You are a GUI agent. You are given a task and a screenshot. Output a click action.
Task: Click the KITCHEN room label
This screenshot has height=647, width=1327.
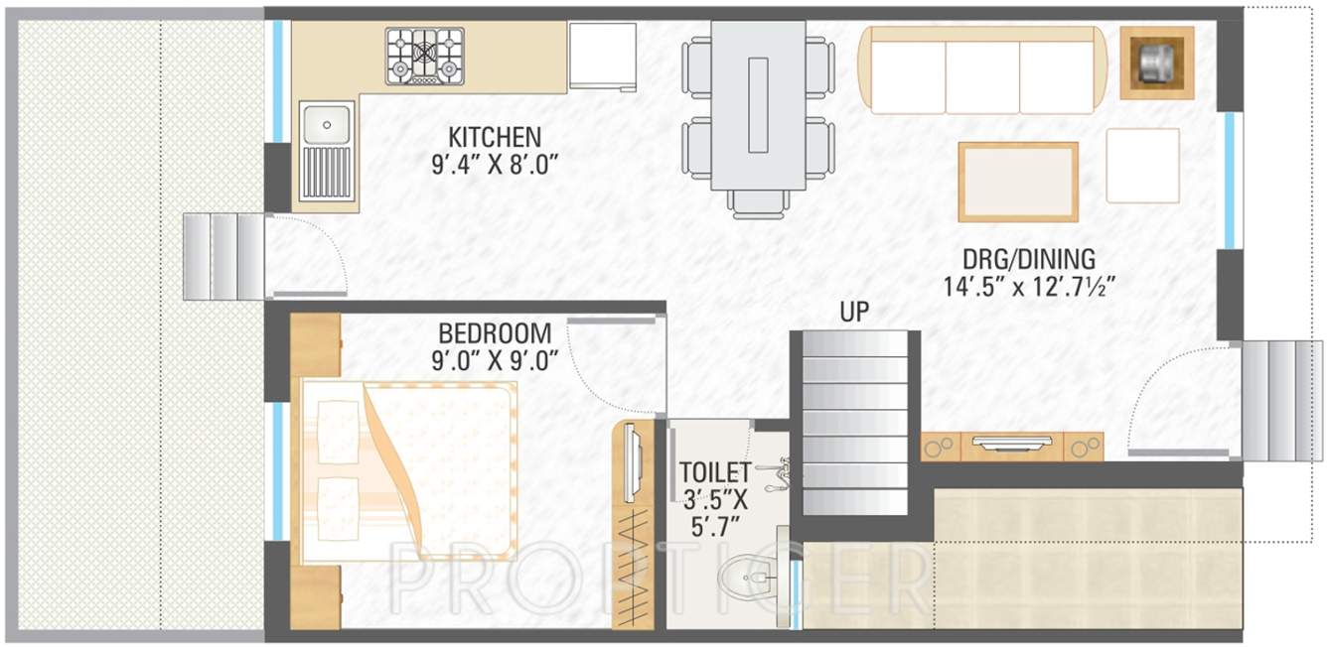(494, 136)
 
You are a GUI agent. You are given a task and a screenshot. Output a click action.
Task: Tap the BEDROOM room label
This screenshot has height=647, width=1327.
(496, 331)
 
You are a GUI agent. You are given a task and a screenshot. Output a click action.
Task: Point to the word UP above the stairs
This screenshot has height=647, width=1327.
(854, 312)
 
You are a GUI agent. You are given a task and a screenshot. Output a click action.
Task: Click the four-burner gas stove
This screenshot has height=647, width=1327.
(425, 55)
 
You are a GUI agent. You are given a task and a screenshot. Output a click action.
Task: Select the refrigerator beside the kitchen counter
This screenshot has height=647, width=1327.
(602, 57)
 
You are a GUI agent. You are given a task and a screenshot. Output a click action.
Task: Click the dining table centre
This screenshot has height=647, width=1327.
(759, 104)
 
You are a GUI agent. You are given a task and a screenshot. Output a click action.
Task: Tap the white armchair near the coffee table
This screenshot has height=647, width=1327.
(1142, 166)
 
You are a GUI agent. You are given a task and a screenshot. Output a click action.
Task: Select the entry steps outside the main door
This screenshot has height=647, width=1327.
(1282, 401)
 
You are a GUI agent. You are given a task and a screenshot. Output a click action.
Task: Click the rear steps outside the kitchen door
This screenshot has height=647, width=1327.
(223, 256)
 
